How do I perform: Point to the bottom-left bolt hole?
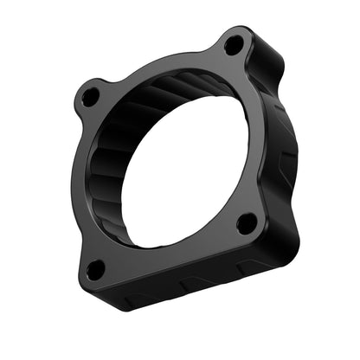[95, 270]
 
